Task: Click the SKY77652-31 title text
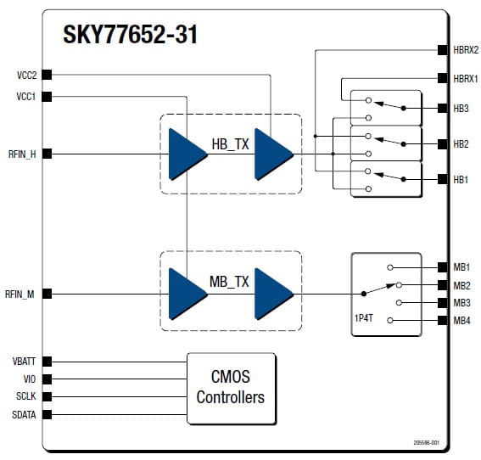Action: (130, 34)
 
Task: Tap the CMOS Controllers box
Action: (232, 388)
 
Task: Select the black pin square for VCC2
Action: (47, 75)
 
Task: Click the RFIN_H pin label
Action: (22, 154)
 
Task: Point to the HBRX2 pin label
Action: (466, 50)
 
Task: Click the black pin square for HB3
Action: (442, 108)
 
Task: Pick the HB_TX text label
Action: (230, 144)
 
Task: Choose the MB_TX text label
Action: (229, 282)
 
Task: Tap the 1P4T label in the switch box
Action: (364, 318)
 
